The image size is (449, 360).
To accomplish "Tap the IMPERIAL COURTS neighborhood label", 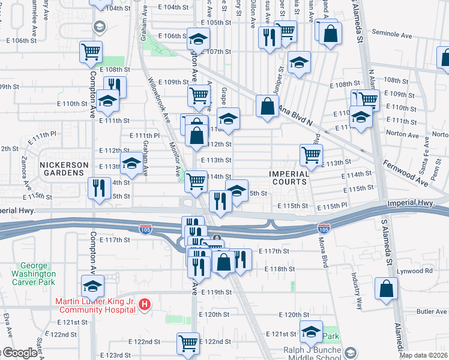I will pos(289,178).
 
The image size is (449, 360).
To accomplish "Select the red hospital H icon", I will pos(144,305).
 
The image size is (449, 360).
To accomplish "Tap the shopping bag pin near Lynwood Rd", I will pos(386,288).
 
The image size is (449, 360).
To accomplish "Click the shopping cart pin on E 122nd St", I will pos(188,343).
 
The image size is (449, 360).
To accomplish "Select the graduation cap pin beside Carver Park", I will pos(92,286).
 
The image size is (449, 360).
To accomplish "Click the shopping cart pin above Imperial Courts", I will pos(311,155).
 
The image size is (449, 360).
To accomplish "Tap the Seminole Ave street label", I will pos(392,35).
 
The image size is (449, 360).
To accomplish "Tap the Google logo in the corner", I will pos(20,353).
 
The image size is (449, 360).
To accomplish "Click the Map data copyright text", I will pos(423,355).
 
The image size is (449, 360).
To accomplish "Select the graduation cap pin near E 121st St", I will pos(311,331).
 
